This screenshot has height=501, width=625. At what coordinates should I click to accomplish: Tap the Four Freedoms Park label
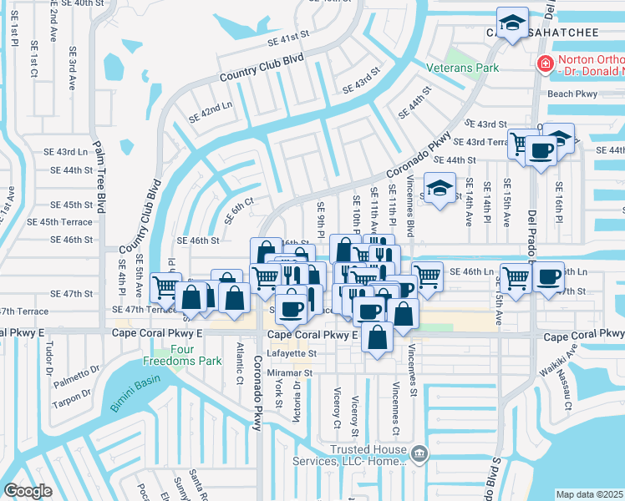click(194, 356)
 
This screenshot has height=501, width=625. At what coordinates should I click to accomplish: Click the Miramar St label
click(289, 373)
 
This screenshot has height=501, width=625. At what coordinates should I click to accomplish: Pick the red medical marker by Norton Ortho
click(545, 63)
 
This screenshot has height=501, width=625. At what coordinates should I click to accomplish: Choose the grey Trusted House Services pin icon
click(420, 455)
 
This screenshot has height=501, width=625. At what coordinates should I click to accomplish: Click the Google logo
click(28, 491)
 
